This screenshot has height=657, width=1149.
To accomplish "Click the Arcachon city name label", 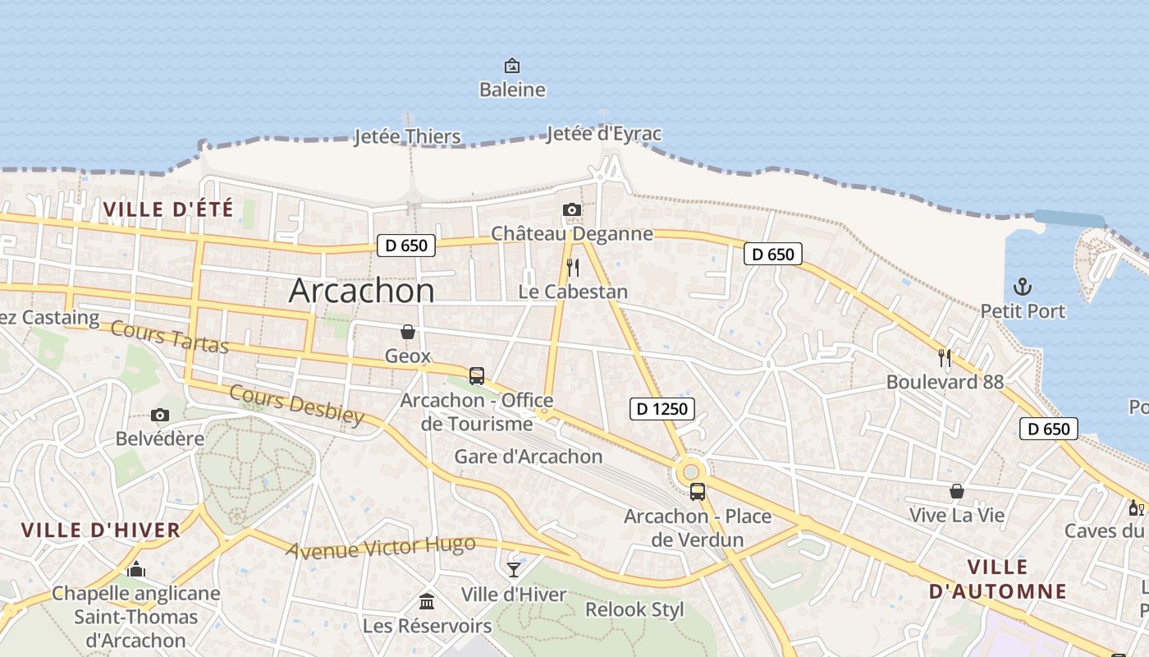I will tap(362, 291).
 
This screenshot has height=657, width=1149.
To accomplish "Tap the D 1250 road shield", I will tap(662, 408).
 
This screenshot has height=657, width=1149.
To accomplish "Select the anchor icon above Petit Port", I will tap(1023, 287).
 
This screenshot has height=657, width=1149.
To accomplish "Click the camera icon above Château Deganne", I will tap(572, 210).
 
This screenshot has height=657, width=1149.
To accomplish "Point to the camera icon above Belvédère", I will tap(160, 415).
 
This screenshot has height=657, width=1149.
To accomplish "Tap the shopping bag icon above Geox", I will tap(407, 332).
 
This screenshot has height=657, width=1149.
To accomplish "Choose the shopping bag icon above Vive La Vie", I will tap(956, 491).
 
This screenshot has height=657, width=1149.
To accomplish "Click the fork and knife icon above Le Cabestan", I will tap(573, 268).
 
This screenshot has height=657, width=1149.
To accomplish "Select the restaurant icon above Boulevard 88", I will tap(945, 357).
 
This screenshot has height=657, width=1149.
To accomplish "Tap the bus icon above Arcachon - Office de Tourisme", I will tap(476, 376).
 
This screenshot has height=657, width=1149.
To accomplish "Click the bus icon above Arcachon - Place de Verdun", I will tap(697, 492).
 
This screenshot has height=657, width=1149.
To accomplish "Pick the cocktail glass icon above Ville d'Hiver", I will tap(514, 569).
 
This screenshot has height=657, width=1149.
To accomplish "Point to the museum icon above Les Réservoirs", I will tap(427, 601).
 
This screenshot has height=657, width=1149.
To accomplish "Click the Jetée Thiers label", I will tap(407, 136).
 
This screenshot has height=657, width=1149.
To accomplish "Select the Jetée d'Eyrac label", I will tap(603, 134).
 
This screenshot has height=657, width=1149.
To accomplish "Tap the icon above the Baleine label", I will tap(512, 66).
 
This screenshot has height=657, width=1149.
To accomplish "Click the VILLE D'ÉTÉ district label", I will tap(168, 209).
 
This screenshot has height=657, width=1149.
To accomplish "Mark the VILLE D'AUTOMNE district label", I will tap(997, 579).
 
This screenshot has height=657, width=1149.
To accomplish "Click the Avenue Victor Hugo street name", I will tap(381, 546).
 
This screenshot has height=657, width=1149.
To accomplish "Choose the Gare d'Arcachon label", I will tap(529, 457).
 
